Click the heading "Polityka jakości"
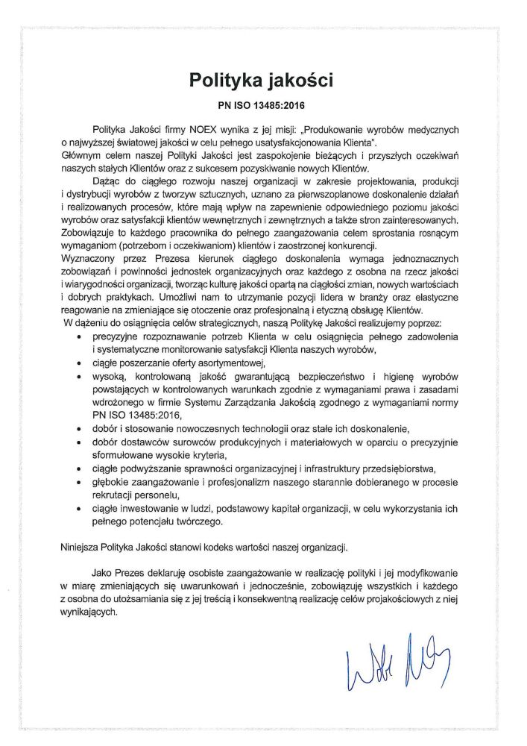[263, 78]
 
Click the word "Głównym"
[81, 155]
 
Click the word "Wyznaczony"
[90, 259]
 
